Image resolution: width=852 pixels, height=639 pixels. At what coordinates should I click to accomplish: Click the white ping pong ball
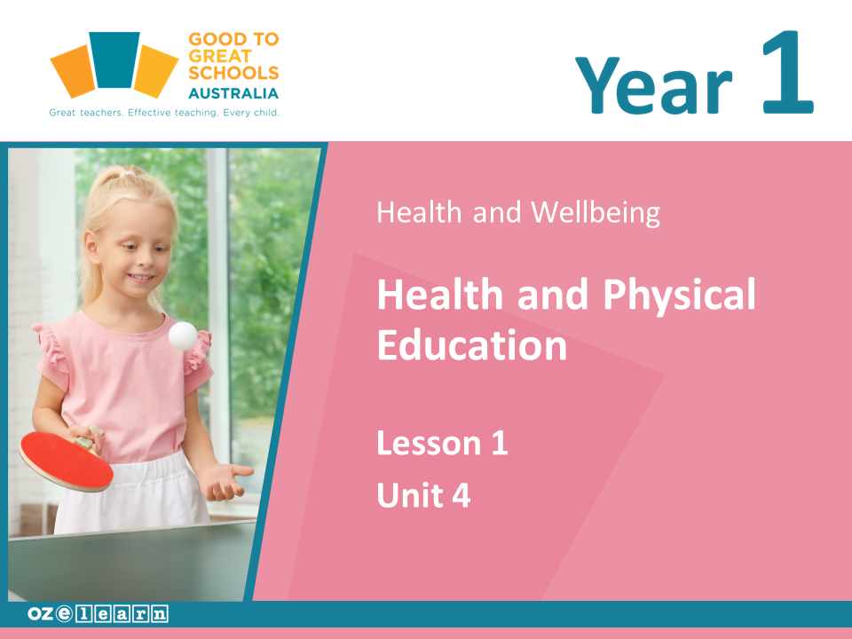pos(183,335)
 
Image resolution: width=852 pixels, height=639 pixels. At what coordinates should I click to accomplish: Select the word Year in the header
pos(654,85)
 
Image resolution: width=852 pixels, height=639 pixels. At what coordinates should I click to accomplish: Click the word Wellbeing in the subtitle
pos(595,212)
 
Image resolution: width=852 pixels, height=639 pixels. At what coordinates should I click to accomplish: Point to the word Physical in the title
pos(679,295)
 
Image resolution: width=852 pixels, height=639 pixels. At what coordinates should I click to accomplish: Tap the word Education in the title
pos(472,345)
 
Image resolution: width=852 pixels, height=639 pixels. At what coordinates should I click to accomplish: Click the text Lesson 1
pos(442,443)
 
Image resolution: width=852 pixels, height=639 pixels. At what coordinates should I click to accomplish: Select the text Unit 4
pos(423,495)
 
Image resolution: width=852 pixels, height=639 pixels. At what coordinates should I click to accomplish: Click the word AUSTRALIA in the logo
pos(233,93)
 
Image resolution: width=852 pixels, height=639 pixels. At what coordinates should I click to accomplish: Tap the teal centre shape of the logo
pos(114,59)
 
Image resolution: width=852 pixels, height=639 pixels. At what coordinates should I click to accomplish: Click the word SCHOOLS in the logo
pos(233,72)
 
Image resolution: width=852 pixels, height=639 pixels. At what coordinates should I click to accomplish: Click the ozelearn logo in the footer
pos(98,613)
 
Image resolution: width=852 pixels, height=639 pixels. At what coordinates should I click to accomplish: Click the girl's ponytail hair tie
pos(127,174)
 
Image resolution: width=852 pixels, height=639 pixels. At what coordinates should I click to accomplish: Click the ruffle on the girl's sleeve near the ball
pos(197,353)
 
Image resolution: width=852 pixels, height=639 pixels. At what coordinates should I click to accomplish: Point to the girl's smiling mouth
pos(140,278)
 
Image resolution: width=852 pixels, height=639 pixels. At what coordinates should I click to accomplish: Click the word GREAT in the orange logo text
pos(220,56)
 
